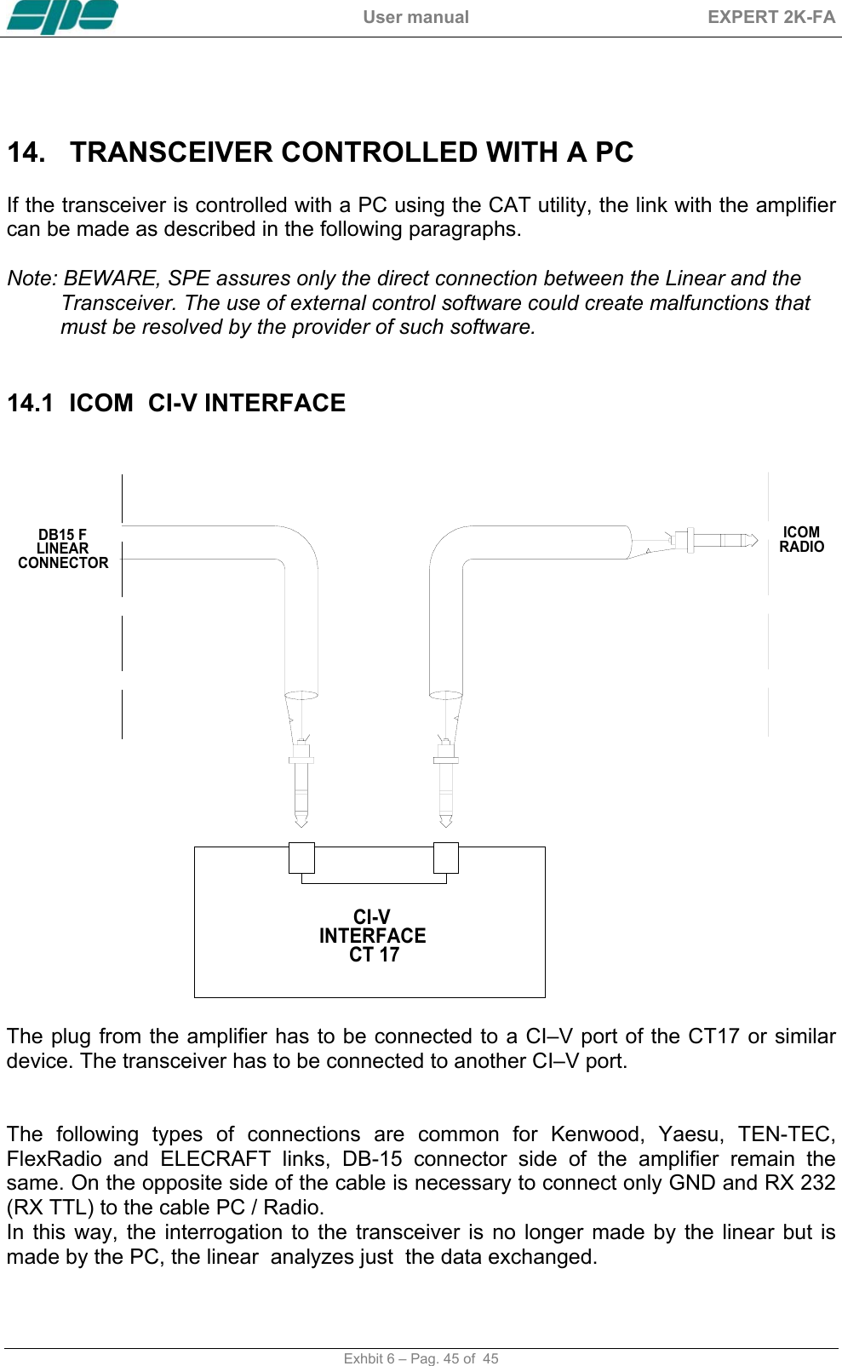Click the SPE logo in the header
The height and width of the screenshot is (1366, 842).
tap(62, 17)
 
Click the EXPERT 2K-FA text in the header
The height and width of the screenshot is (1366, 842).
tap(770, 17)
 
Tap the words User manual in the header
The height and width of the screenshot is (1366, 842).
tap(415, 17)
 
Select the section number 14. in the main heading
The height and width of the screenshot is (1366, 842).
tap(26, 152)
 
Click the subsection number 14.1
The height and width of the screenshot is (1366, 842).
tap(30, 403)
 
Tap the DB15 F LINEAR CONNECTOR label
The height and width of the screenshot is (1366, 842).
tap(63, 549)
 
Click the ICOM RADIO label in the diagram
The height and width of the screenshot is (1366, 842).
tap(801, 540)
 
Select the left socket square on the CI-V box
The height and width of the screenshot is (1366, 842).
tap(301, 858)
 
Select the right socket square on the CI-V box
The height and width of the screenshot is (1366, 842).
tap(446, 858)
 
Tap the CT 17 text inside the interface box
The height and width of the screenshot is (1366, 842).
tap(374, 955)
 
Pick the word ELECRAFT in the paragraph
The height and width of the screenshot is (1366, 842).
tap(215, 1159)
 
